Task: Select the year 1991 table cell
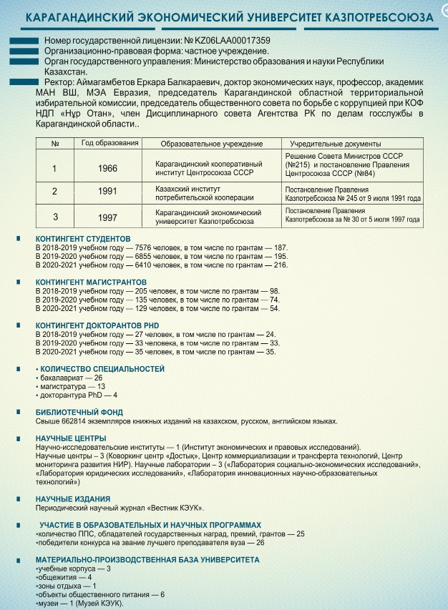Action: point(108,192)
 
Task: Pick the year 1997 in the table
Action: point(108,216)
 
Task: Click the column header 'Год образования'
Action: point(109,143)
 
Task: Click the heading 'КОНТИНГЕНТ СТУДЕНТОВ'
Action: point(83,239)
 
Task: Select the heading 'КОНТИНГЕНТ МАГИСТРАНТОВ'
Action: point(91,282)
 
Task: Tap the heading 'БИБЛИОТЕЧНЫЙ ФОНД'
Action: point(79,413)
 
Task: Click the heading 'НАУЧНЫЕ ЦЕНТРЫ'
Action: point(71,438)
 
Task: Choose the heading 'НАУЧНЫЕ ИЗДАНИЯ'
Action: point(73,499)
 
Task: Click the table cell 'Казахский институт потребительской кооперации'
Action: point(204,192)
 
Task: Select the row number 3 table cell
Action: point(55,216)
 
